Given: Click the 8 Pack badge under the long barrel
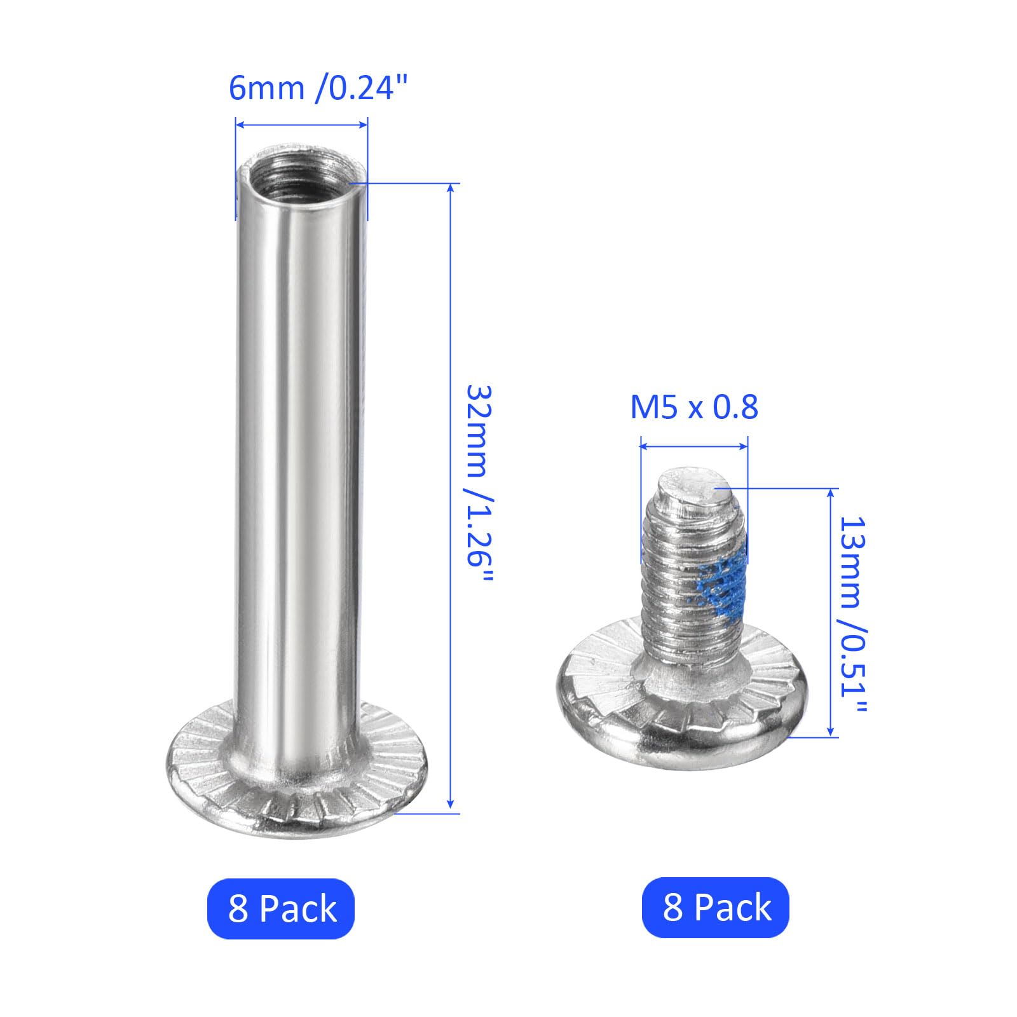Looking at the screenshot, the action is pos(281,908).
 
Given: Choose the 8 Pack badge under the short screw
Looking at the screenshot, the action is pos(716,907).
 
